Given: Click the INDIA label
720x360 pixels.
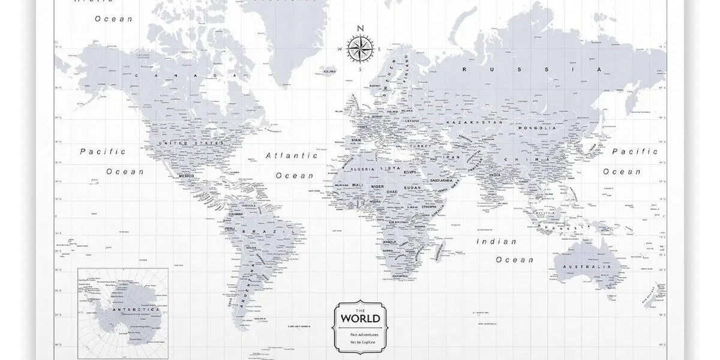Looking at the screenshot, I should [x=494, y=175].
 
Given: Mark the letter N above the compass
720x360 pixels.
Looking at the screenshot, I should [x=360, y=28].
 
